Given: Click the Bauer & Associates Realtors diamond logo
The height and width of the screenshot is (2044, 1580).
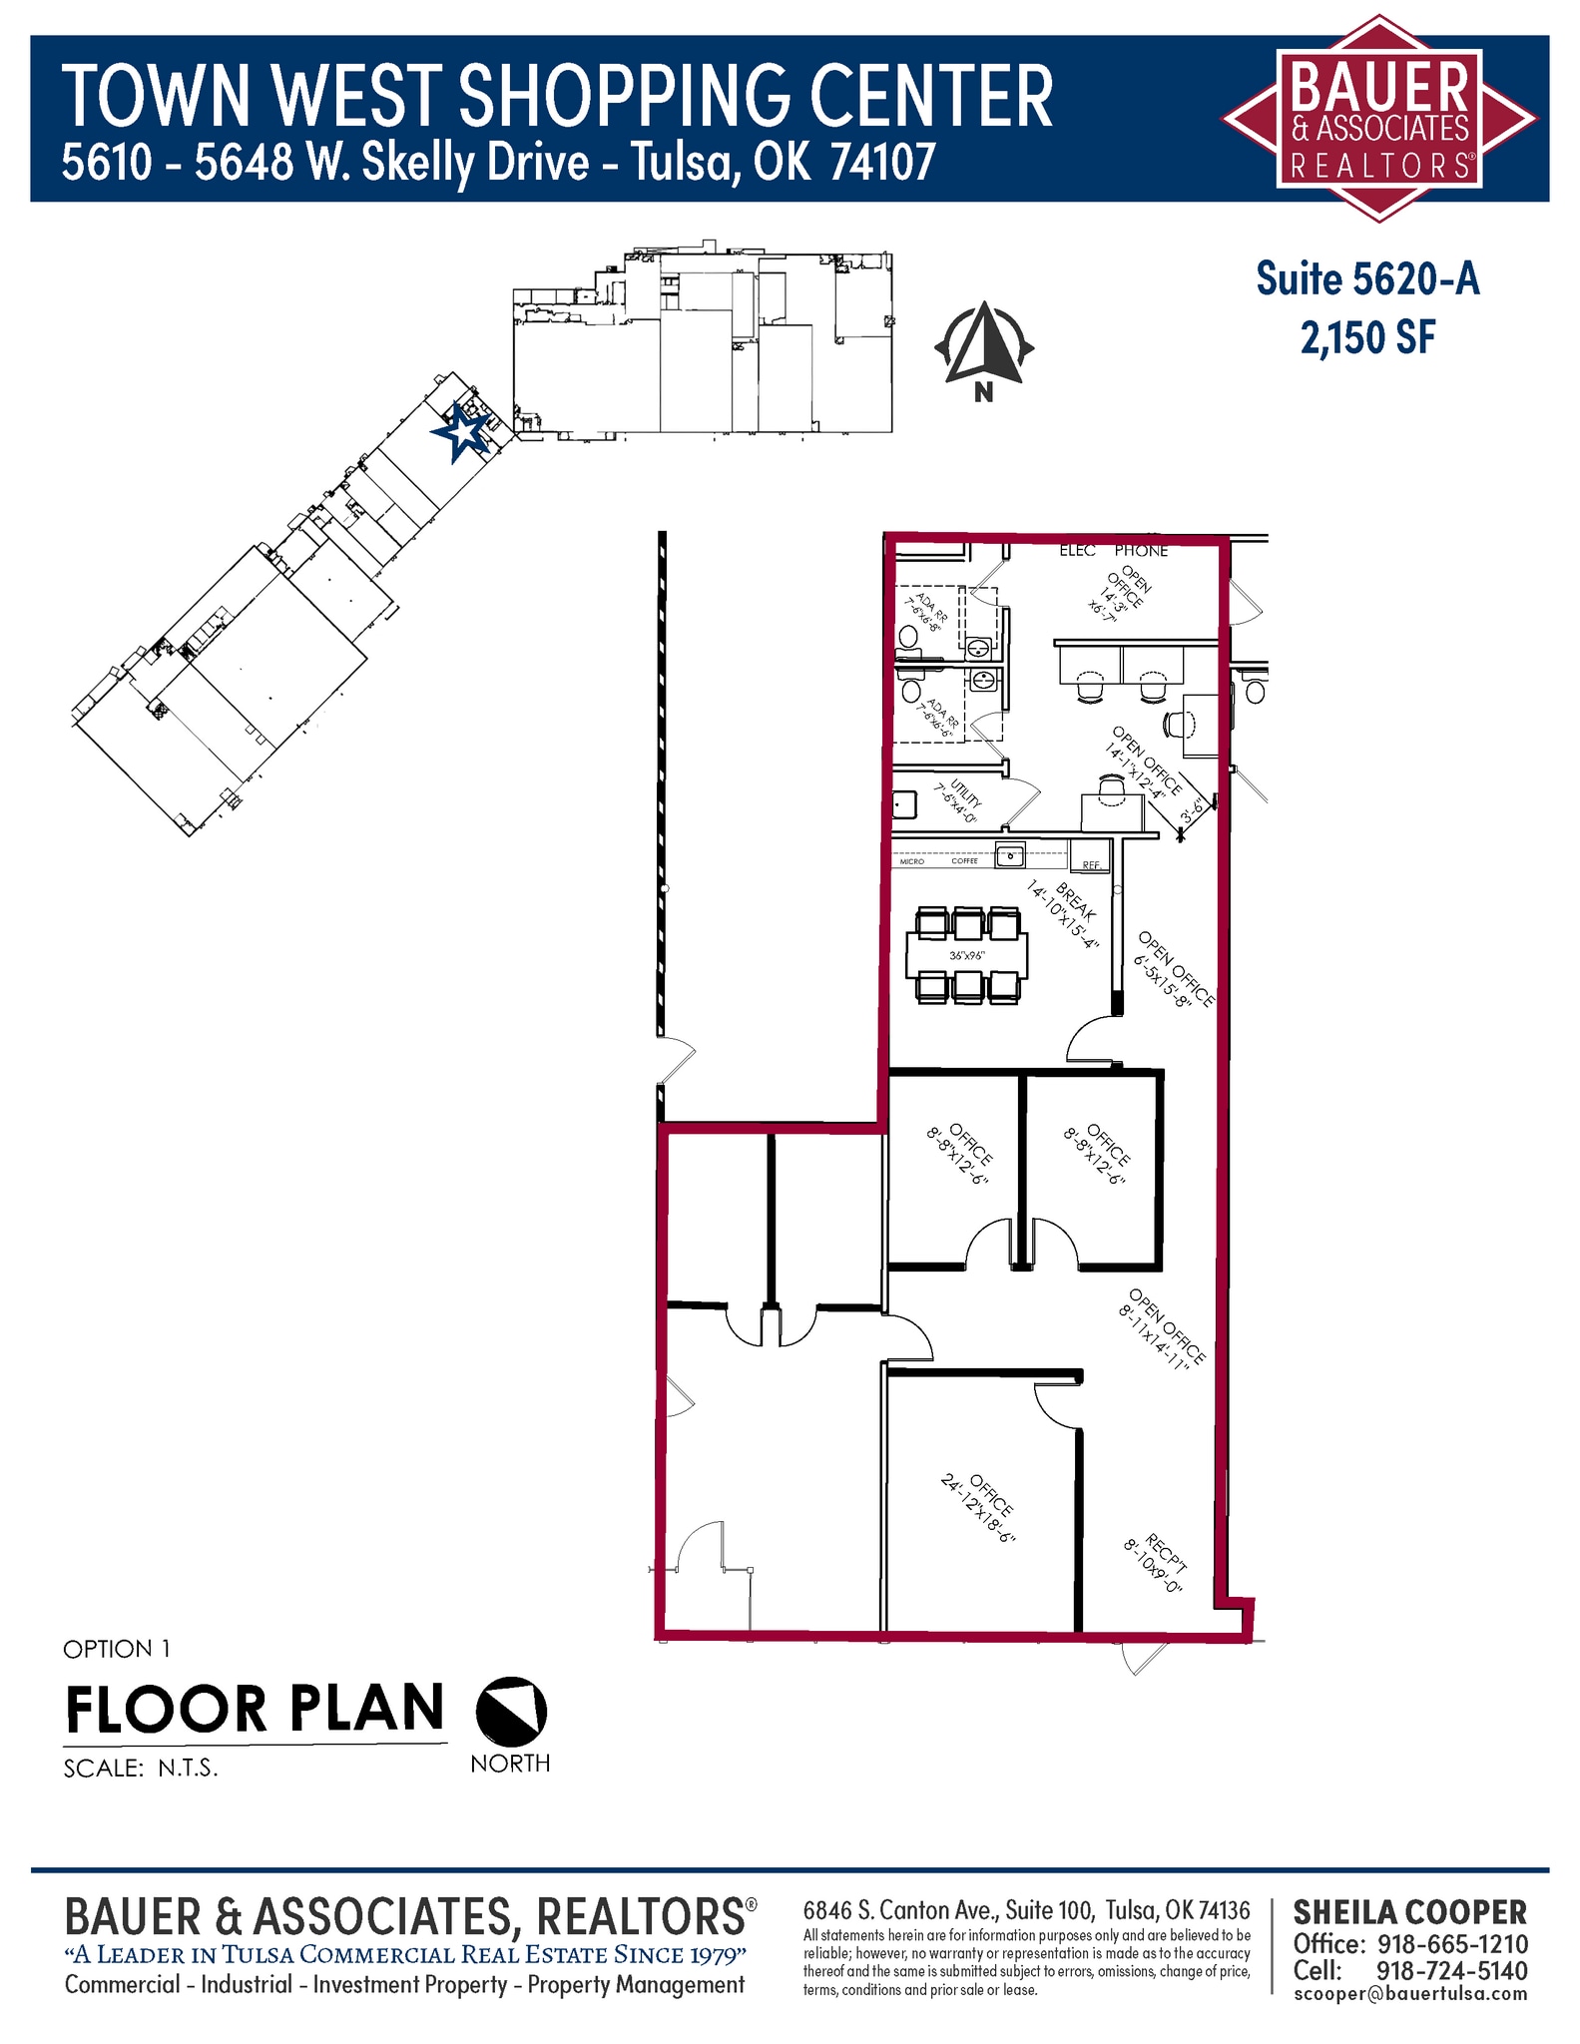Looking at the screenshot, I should tap(1379, 118).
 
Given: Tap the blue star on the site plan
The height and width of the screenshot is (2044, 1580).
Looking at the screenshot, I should tap(462, 432).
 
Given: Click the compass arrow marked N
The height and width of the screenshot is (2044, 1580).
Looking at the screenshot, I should tap(984, 345).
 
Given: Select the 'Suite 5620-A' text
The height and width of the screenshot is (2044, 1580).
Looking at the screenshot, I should tap(1367, 279).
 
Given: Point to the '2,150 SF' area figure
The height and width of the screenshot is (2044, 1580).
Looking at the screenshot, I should tap(1367, 338).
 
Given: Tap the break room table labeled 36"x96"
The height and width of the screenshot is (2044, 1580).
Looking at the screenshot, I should tap(966, 955).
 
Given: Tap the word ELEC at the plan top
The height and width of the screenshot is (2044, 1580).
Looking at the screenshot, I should tap(1077, 551).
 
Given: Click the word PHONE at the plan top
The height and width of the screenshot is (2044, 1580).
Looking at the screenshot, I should tap(1141, 551).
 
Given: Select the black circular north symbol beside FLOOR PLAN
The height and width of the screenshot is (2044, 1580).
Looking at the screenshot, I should tap(511, 1710).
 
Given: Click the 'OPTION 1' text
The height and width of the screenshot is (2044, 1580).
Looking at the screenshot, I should tap(117, 1649).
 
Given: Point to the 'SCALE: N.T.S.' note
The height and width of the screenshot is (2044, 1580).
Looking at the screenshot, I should tap(141, 1769).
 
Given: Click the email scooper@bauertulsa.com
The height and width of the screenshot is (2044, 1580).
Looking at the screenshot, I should tap(1409, 1993).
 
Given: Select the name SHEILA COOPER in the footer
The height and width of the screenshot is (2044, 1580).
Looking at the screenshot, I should tap(1409, 1912).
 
